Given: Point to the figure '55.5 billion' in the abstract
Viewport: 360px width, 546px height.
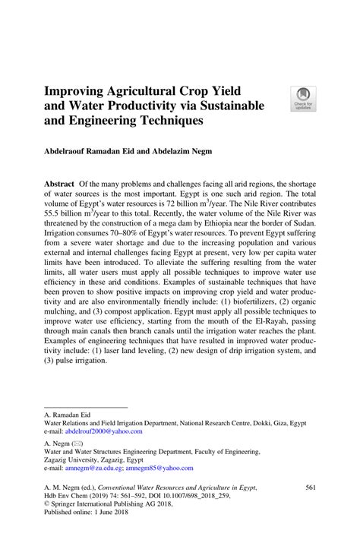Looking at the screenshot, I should (x=66, y=216).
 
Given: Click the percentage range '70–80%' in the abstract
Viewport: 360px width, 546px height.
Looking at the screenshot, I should (x=130, y=238).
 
